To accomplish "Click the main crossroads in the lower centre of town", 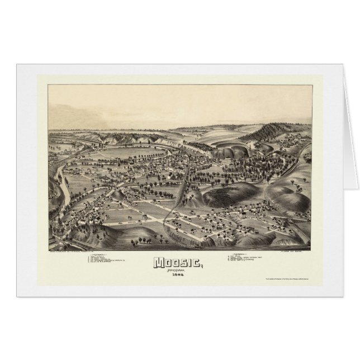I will coord(165,220).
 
